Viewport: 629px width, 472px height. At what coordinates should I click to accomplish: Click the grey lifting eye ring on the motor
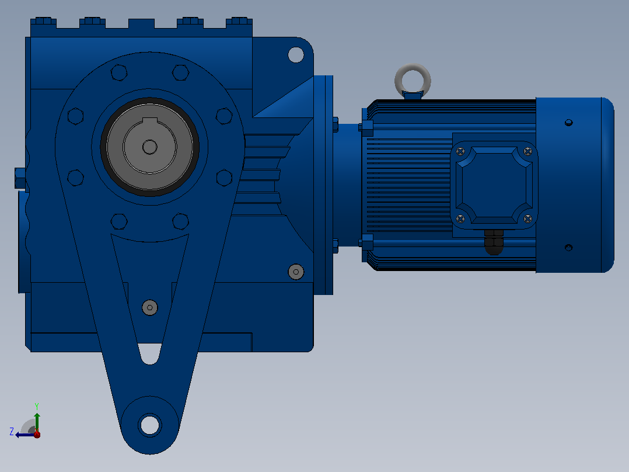click(413, 68)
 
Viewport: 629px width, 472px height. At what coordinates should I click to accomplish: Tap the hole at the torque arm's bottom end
click(149, 425)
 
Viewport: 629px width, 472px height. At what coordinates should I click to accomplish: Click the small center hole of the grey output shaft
click(149, 147)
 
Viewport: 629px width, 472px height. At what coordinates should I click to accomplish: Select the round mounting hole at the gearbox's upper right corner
click(296, 55)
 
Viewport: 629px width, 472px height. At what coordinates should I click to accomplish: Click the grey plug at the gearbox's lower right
click(296, 272)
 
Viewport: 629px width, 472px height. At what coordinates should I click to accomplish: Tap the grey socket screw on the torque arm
click(149, 308)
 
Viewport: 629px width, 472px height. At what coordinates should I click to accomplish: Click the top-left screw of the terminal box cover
click(460, 151)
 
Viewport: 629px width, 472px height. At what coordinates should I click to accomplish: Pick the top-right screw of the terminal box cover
click(528, 151)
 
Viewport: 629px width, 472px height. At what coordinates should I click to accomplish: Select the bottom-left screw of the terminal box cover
click(460, 219)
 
